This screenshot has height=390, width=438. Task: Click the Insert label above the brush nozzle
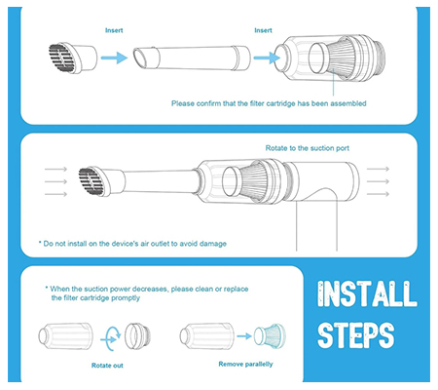[114, 30]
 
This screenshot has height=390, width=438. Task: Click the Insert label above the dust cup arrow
[263, 30]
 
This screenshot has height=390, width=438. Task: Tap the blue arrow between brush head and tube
[114, 58]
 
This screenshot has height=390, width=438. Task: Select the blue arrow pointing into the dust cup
[267, 58]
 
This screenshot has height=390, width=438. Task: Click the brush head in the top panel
[73, 58]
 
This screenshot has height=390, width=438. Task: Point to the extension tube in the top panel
[192, 58]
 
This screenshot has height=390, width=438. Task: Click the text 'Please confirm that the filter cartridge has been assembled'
[269, 103]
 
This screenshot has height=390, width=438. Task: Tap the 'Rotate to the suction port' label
[308, 148]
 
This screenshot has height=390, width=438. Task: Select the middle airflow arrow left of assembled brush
[55, 181]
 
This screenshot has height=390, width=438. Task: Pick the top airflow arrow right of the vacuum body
[378, 169]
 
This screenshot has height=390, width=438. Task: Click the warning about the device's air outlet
[132, 244]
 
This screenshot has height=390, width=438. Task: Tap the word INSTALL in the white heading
[367, 294]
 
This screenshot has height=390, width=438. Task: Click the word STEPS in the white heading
[356, 335]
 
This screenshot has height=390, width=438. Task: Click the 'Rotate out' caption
[107, 366]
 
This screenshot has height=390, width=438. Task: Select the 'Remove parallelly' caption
[245, 364]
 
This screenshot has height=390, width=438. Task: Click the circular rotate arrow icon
[111, 339]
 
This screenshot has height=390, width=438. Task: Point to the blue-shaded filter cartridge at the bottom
[270, 336]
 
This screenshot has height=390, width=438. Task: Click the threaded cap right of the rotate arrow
[138, 336]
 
